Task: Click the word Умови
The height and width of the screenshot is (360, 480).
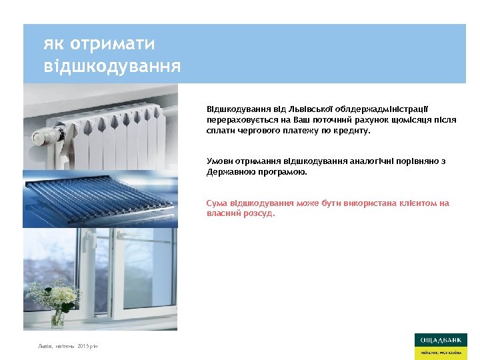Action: point(219,161)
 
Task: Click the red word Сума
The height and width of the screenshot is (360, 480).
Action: point(217,203)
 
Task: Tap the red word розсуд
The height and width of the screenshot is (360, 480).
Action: point(258,214)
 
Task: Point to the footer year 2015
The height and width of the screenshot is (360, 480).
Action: point(84,347)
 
